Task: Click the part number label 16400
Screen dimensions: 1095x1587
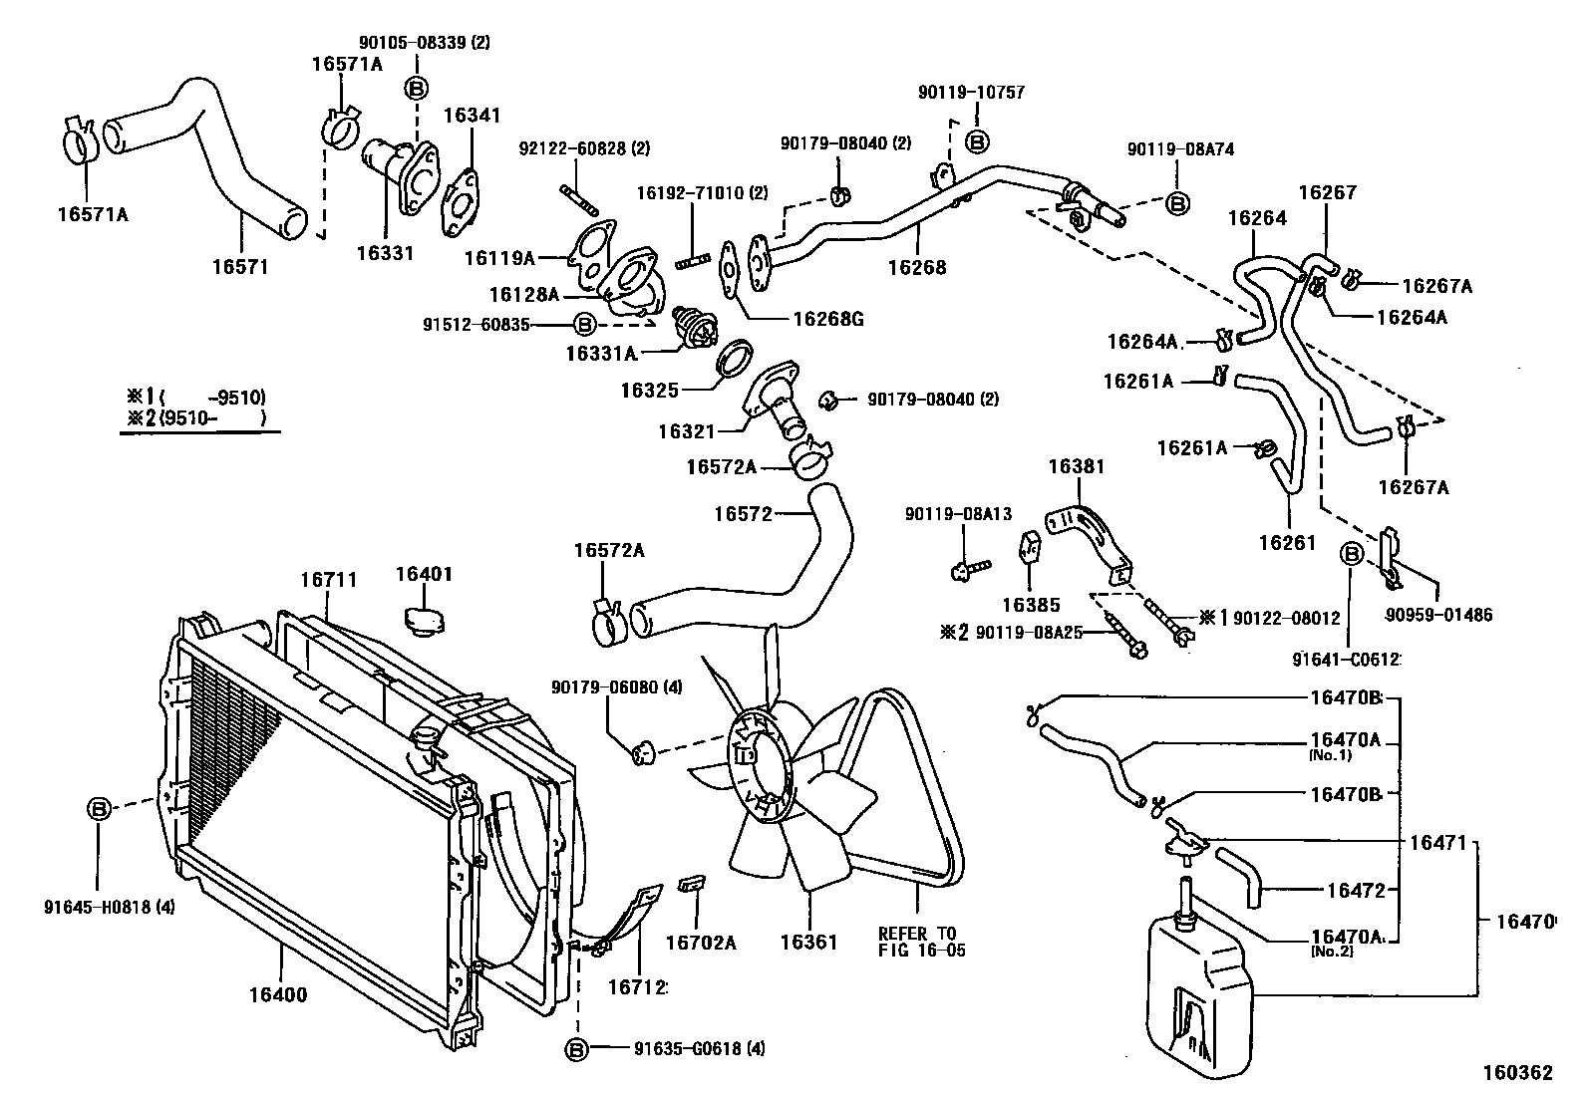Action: pos(278,994)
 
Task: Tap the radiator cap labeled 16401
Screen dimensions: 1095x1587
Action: pos(423,618)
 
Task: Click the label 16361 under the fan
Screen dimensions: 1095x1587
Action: pos(808,943)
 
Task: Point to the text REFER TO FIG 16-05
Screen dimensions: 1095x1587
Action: pos(921,942)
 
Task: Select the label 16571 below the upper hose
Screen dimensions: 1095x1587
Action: pos(240,267)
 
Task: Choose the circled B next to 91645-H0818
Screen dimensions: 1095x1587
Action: pos(99,809)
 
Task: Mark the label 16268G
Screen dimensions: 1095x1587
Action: pos(827,319)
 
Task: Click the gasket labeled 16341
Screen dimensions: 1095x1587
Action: pos(460,203)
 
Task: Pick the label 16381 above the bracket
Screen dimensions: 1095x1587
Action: pos(1077,465)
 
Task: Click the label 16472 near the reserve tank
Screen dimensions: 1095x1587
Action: pos(1355,891)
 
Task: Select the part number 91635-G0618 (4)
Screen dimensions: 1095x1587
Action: pos(699,1048)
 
